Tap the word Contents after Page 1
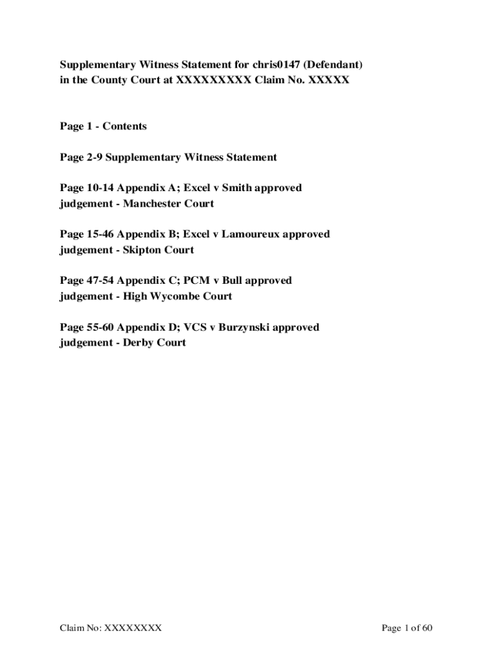click(x=124, y=126)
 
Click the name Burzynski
click(x=244, y=327)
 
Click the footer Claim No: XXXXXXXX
click(x=111, y=627)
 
